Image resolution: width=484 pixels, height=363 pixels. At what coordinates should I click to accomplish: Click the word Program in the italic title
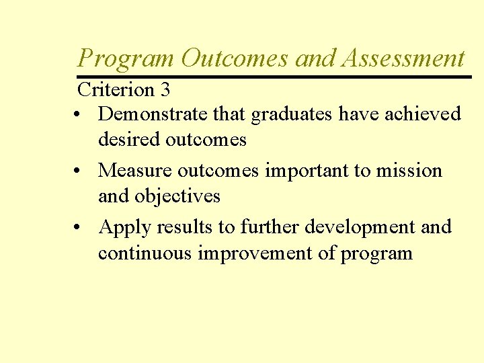coord(126,59)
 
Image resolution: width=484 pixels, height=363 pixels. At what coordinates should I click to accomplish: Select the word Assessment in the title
coord(403,59)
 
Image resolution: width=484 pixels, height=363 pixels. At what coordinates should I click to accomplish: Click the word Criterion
coord(116,89)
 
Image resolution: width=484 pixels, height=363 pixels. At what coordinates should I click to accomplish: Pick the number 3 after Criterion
coord(165,89)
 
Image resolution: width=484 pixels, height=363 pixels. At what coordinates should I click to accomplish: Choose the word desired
coord(128,140)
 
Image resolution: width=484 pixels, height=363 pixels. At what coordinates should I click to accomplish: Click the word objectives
coord(177,196)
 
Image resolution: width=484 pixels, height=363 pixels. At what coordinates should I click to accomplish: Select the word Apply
coord(124,228)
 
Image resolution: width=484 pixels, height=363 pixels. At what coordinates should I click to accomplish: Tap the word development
coord(360,227)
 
